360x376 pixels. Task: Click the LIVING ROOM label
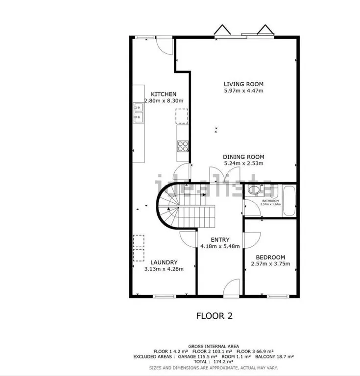pyautogui.click(x=243, y=84)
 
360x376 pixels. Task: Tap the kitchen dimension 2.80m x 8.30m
pyautogui.click(x=164, y=101)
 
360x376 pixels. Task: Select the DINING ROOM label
pyautogui.click(x=243, y=157)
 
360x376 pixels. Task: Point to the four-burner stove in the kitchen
pyautogui.click(x=183, y=146)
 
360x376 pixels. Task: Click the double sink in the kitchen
pyautogui.click(x=139, y=113)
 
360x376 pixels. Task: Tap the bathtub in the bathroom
pyautogui.click(x=289, y=201)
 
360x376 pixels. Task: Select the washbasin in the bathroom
pyautogui.click(x=254, y=189)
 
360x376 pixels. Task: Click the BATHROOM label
pyautogui.click(x=270, y=201)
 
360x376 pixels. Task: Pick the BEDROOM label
pyautogui.click(x=270, y=258)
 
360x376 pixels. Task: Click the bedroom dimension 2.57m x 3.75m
pyautogui.click(x=270, y=264)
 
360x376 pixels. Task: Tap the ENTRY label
pyautogui.click(x=220, y=240)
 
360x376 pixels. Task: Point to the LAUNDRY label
pyautogui.click(x=164, y=262)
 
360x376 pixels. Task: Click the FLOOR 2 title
pyautogui.click(x=215, y=316)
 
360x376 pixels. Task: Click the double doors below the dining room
pyautogui.click(x=224, y=175)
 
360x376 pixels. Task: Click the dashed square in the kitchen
pyautogui.click(x=182, y=116)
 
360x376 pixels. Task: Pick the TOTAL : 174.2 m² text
pyautogui.click(x=214, y=362)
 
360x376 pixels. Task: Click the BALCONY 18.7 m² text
pyautogui.click(x=274, y=356)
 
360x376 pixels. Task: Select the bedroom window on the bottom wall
pyautogui.click(x=278, y=296)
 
